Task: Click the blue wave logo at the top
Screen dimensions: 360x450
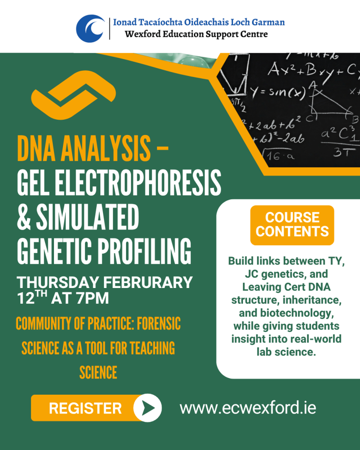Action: tap(90, 28)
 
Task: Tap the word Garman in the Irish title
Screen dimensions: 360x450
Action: tap(268, 22)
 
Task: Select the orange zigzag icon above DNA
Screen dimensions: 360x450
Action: tap(73, 95)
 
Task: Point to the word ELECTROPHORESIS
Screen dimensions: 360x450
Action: tap(138, 183)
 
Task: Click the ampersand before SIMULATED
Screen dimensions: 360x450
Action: tap(24, 217)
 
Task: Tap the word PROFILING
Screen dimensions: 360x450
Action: tap(144, 251)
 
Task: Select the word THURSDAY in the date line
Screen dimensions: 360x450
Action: tap(58, 283)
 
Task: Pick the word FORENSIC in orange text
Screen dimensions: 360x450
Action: tap(159, 324)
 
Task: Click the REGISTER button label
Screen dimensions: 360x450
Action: tap(85, 408)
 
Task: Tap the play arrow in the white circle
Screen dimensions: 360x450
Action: tap(148, 408)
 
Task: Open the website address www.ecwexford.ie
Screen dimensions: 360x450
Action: tap(248, 408)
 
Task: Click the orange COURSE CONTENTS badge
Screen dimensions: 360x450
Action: tap(292, 225)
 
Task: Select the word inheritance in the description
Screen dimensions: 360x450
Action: tap(312, 300)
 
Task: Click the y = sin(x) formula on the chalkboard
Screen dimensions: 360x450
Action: tap(277, 92)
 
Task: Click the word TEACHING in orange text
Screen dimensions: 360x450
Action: tap(152, 348)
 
